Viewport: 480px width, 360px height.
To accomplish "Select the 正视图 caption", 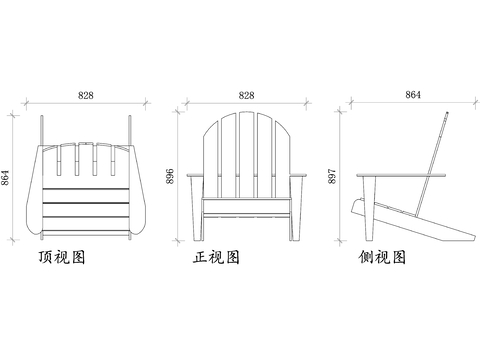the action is [217, 258].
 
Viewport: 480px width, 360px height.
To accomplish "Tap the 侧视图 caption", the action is [382, 257].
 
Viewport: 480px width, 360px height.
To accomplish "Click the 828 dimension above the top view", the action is [86, 96].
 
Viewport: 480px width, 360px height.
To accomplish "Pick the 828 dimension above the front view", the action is [246, 96].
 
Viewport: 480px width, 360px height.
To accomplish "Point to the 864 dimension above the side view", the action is [413, 95].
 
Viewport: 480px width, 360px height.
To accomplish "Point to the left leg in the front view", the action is [200, 215].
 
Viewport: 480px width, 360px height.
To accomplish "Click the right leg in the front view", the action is [293, 215].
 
